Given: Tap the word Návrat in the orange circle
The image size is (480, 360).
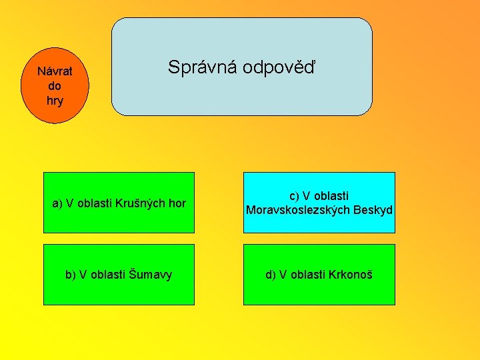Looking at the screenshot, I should [x=55, y=71].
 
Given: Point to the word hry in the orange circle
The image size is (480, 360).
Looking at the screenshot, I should [x=55, y=101].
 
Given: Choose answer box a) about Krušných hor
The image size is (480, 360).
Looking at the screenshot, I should [x=119, y=203].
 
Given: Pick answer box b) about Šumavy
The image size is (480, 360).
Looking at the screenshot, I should [x=119, y=275].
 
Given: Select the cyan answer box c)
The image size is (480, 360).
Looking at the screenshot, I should [x=319, y=203].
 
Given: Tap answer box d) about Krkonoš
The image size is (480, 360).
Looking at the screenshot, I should [x=319, y=275].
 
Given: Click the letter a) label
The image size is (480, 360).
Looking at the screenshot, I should [x=57, y=203].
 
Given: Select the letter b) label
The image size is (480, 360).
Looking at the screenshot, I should [x=70, y=275].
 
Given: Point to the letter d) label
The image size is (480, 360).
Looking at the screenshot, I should [x=270, y=275].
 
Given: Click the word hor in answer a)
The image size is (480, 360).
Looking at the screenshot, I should [x=177, y=203].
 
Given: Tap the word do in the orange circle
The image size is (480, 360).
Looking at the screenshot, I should [x=55, y=86].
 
